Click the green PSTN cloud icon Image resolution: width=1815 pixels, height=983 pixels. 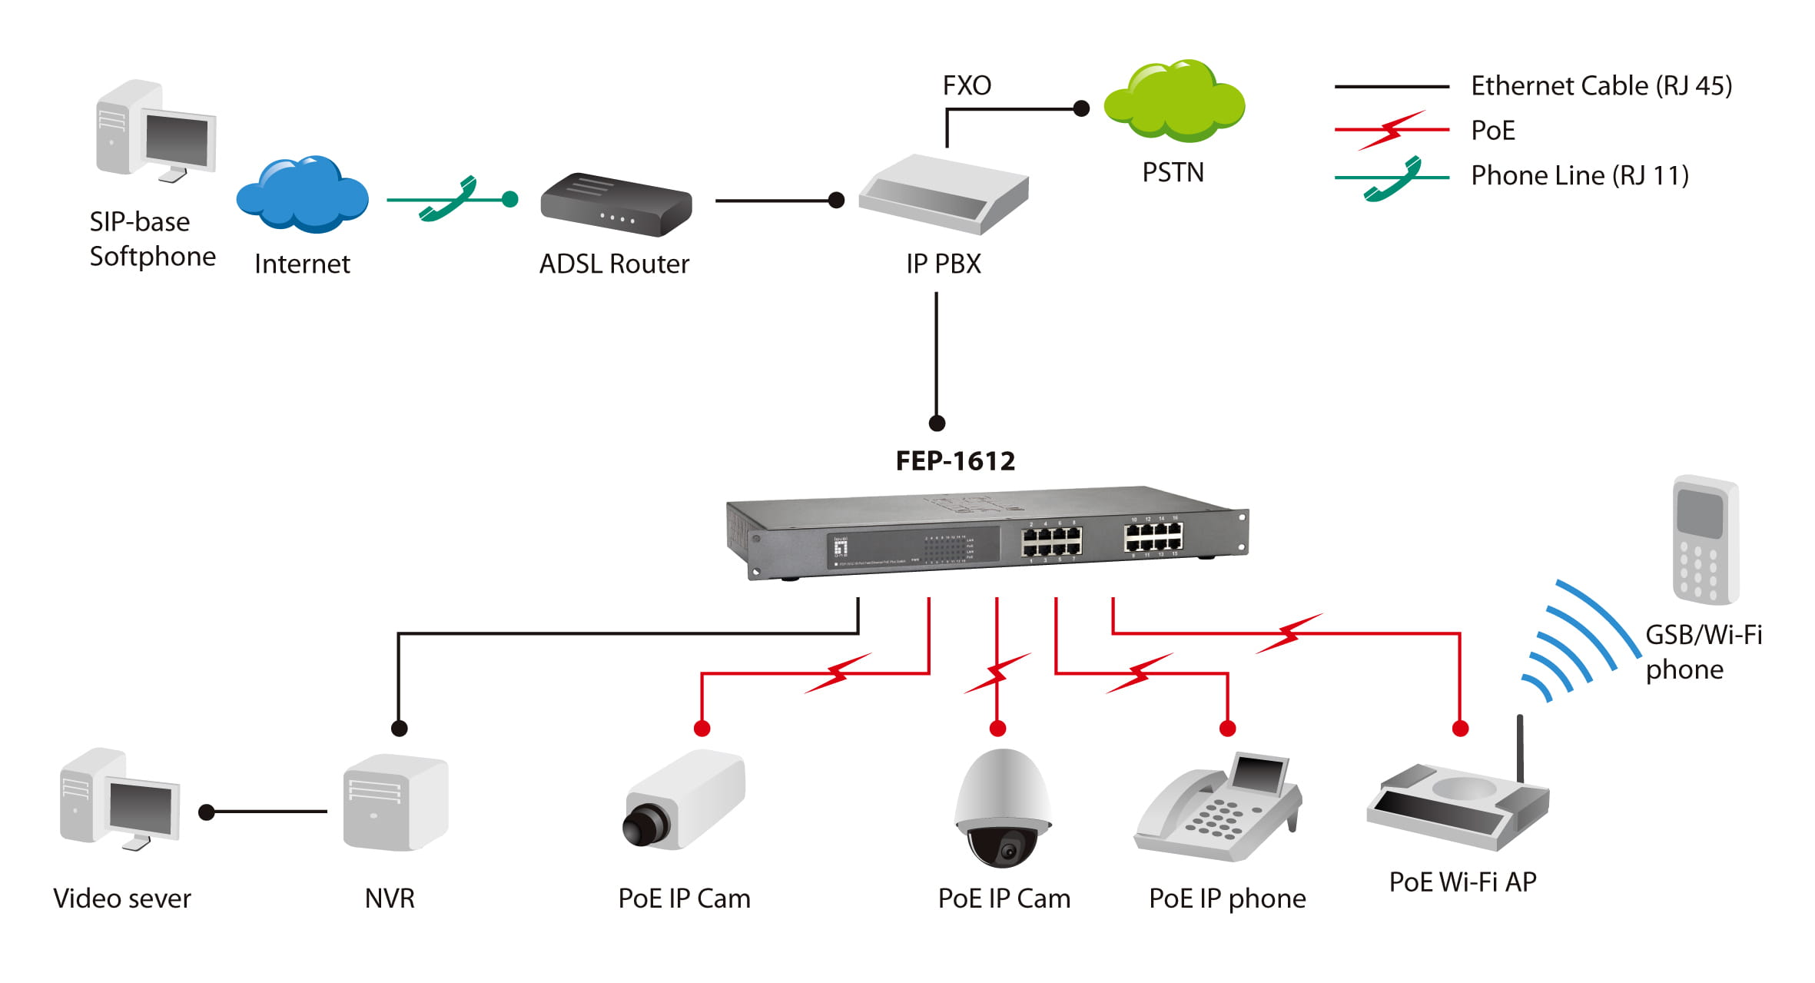coord(1174,102)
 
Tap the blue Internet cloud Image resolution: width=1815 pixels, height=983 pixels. coord(302,195)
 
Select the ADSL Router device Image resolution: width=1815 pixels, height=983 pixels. coord(616,204)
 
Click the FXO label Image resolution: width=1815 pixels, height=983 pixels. coord(967,85)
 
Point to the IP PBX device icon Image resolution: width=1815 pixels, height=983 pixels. coord(944,194)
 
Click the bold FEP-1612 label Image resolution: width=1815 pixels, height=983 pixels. coord(955,460)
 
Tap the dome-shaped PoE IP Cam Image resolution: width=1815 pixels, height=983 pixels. coord(1002,808)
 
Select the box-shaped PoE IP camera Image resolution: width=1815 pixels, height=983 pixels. coord(683,802)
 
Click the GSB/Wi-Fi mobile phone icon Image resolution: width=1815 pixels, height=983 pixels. coord(1706,540)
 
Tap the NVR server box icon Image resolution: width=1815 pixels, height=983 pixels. coord(395,802)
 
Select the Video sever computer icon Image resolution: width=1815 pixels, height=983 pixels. coord(120,799)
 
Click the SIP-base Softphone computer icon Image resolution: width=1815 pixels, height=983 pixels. coord(156,131)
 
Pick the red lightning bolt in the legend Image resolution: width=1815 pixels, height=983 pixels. coord(1392,131)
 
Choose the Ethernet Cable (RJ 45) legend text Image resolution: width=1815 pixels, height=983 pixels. coord(1601,85)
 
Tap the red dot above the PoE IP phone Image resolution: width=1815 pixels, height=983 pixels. coord(1227,728)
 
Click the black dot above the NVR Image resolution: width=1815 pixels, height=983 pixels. coord(399,728)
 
